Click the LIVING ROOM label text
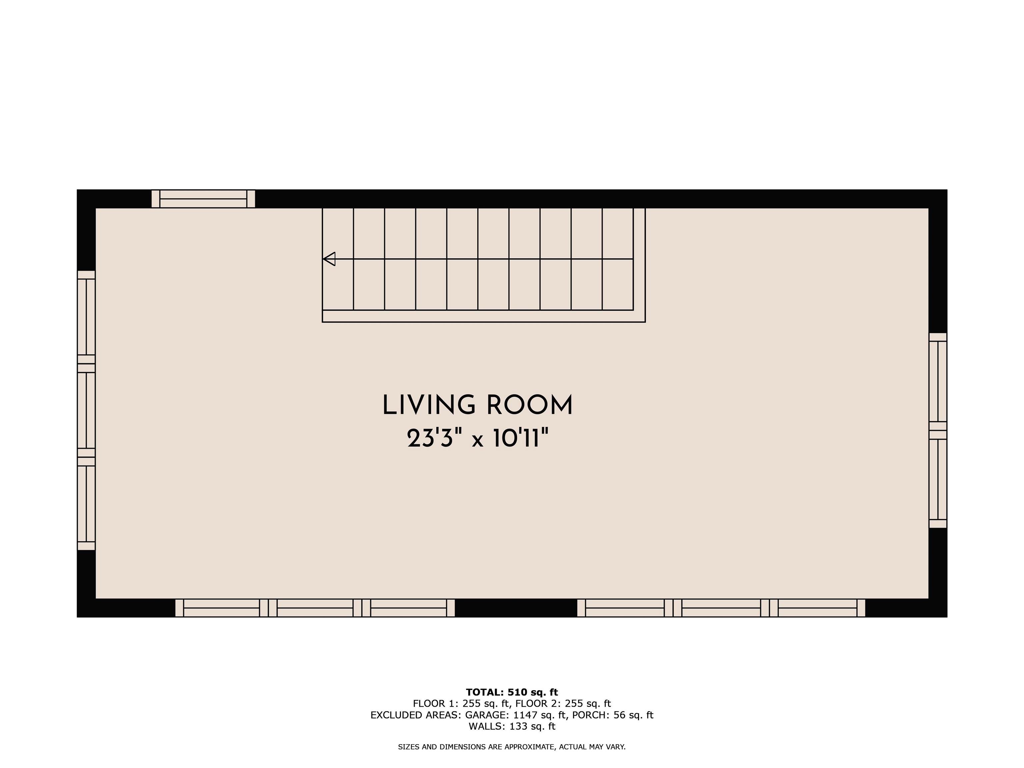[477, 406]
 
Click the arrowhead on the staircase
[329, 259]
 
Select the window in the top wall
[203, 199]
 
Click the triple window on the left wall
[86, 410]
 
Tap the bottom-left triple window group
[315, 608]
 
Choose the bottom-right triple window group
[721, 608]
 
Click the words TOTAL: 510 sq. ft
[512, 692]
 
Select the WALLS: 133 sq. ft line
[512, 726]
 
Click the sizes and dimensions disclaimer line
[512, 747]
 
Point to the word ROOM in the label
[530, 406]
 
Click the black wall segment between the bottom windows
[516, 608]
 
